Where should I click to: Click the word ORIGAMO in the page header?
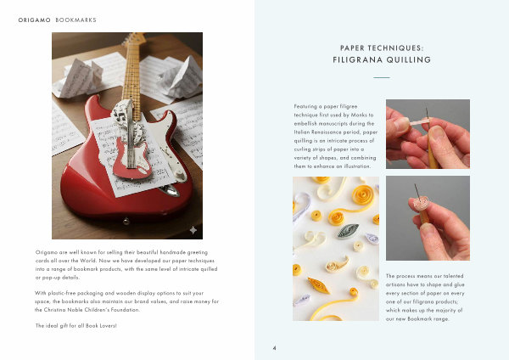pyautogui.click(x=35, y=20)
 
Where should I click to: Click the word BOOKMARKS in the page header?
pyautogui.click(x=76, y=20)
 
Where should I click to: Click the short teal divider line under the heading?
pyautogui.click(x=382, y=77)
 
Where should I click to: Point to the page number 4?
pyautogui.click(x=274, y=348)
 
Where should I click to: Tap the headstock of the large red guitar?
pyautogui.click(x=134, y=39)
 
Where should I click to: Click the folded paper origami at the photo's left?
pyautogui.click(x=81, y=77)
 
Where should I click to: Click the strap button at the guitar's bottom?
pyautogui.click(x=126, y=222)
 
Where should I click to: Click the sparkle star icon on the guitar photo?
pyautogui.click(x=193, y=230)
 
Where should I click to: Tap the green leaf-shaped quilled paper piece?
pyautogui.click(x=348, y=230)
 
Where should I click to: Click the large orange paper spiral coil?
pyautogui.click(x=363, y=195)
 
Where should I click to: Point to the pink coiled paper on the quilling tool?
pyautogui.click(x=421, y=204)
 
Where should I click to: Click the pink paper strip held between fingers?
pyautogui.click(x=419, y=123)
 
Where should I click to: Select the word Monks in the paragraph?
pyautogui.click(x=359, y=115)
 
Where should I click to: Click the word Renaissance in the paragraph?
pyautogui.click(x=327, y=132)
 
